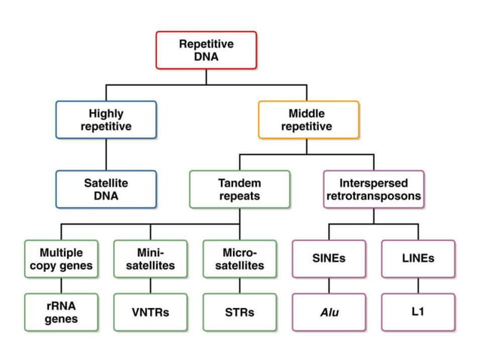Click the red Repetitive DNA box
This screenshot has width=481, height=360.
[x=206, y=50]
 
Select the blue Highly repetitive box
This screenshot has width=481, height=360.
[x=106, y=120]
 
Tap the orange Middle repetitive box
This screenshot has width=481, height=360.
[x=308, y=120]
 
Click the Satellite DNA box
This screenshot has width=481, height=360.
[x=106, y=189]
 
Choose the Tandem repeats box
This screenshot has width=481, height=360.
[x=239, y=189]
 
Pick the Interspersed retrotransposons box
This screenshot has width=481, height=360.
[x=373, y=189]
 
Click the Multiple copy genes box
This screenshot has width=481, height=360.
[x=61, y=258]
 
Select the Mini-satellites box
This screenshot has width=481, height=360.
[x=150, y=258]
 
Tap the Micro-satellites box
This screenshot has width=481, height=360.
[x=239, y=258]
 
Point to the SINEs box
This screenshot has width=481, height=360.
[x=329, y=258]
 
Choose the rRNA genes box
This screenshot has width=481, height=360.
[x=61, y=312]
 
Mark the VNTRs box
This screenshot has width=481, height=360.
[x=150, y=312]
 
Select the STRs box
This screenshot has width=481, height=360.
[x=239, y=312]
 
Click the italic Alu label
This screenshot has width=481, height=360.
[x=329, y=311]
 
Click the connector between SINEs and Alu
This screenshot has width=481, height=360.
[x=329, y=285]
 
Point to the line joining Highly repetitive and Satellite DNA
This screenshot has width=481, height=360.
[x=106, y=154]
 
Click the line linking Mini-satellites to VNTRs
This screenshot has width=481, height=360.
[x=150, y=285]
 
